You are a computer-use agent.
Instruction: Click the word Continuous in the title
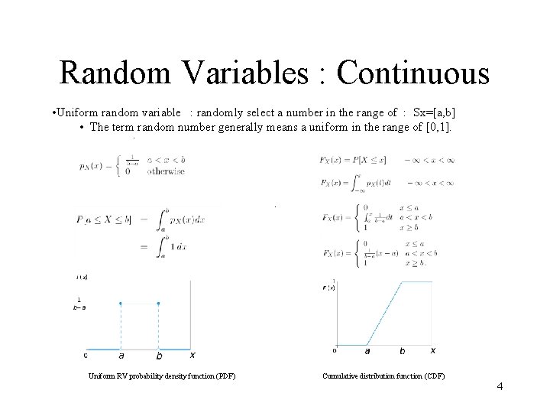click(x=412, y=74)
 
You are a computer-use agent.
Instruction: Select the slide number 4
click(x=500, y=386)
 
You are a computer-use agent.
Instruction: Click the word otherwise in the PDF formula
click(x=166, y=172)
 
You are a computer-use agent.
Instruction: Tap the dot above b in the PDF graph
click(x=158, y=303)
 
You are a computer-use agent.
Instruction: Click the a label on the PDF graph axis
click(x=121, y=355)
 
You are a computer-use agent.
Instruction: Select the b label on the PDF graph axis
click(x=158, y=355)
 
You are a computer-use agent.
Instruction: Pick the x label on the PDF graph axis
click(x=192, y=354)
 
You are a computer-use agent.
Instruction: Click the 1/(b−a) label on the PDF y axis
click(x=79, y=303)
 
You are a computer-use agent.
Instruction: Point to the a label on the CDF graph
click(x=367, y=351)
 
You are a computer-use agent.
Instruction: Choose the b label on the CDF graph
click(x=403, y=351)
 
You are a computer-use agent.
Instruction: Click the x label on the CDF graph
click(x=432, y=350)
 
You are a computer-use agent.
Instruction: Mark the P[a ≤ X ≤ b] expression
click(x=105, y=220)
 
